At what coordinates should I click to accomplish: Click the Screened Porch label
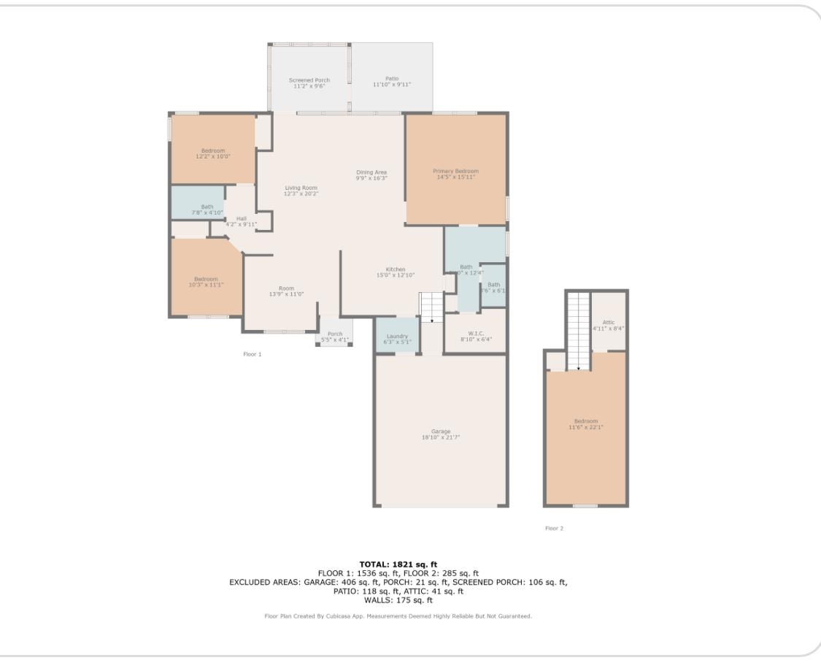(309, 80)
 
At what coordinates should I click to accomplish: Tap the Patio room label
(392, 78)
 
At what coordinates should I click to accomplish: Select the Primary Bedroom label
(455, 171)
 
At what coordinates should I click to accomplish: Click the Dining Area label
(371, 172)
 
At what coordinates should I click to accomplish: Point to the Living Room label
(301, 188)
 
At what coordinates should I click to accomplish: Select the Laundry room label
(398, 336)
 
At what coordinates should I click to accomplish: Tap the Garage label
(440, 432)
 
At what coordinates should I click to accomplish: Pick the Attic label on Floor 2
(609, 322)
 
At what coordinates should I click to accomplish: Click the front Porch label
(335, 334)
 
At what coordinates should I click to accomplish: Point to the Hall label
(241, 218)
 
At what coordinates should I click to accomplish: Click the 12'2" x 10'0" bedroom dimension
(213, 156)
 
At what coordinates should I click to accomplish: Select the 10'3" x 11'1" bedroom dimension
(206, 285)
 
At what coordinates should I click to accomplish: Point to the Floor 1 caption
(252, 354)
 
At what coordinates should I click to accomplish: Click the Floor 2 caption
(554, 529)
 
